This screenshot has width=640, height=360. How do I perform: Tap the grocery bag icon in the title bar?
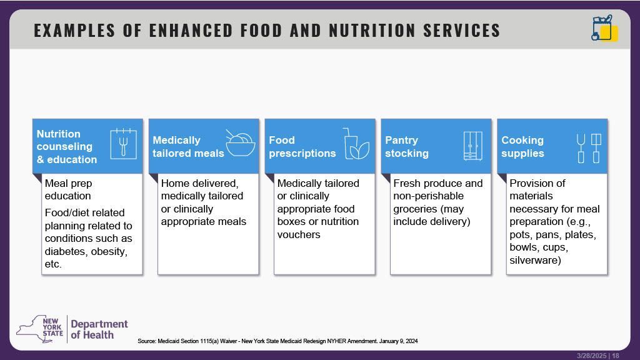pos(604,28)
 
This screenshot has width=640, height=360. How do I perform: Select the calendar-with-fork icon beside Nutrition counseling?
pos(123,144)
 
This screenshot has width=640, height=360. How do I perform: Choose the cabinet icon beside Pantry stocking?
pos(472,146)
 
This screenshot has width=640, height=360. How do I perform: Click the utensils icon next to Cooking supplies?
pos(589,148)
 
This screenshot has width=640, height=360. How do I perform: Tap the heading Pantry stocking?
pos(407,146)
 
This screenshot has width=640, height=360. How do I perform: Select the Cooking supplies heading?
pos(522,146)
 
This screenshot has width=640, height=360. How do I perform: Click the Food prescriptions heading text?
pos(302,146)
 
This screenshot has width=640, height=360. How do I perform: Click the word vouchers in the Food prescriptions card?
pos(298,235)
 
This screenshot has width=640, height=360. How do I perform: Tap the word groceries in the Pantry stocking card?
pos(409,209)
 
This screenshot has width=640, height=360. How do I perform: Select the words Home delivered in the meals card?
pos(199,184)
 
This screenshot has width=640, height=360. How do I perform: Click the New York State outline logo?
pos(40,329)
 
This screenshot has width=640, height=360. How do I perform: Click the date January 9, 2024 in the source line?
pos(398,341)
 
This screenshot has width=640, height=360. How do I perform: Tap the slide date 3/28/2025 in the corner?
pos(592,356)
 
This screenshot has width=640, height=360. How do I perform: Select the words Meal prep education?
pos(68,190)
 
